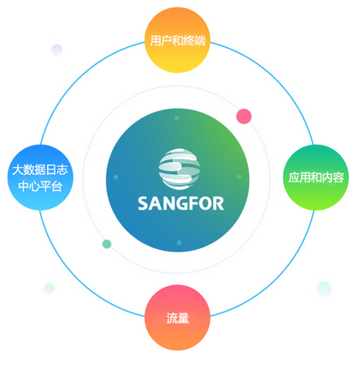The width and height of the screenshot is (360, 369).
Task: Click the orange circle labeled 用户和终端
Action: pyautogui.click(x=177, y=40)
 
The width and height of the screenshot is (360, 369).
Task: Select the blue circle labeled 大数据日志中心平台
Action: pyautogui.click(x=40, y=177)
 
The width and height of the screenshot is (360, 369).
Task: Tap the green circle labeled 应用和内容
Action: pyautogui.click(x=316, y=177)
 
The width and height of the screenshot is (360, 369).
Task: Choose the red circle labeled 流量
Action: pyautogui.click(x=177, y=318)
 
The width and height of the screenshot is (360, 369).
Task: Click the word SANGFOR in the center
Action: pyautogui.click(x=180, y=204)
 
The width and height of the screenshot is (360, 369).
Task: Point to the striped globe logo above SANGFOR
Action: pyautogui.click(x=180, y=169)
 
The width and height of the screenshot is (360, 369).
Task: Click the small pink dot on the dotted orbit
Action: pyautogui.click(x=244, y=116)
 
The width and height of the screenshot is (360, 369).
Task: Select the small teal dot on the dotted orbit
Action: pyautogui.click(x=107, y=244)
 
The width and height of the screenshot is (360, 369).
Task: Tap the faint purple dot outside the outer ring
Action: pyautogui.click(x=57, y=50)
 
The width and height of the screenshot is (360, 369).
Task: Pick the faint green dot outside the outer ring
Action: pyautogui.click(x=50, y=289)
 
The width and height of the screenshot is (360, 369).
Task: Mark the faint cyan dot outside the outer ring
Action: pyautogui.click(x=324, y=289)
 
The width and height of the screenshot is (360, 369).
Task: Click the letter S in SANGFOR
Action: pyautogui.click(x=143, y=204)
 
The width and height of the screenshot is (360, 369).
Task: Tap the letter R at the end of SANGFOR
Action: pyautogui.click(x=218, y=204)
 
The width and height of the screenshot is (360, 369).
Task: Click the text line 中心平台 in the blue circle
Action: pyautogui.click(x=40, y=187)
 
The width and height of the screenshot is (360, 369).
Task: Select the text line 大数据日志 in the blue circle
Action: pyautogui.click(x=40, y=170)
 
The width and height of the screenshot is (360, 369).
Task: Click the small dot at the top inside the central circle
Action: pyautogui.click(x=177, y=118)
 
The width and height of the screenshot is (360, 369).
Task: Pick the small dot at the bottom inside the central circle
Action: pyautogui.click(x=179, y=242)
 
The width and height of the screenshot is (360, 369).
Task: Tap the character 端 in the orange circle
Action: pyautogui.click(x=200, y=40)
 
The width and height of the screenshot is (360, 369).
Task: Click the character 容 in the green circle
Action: pyautogui.click(x=338, y=177)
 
